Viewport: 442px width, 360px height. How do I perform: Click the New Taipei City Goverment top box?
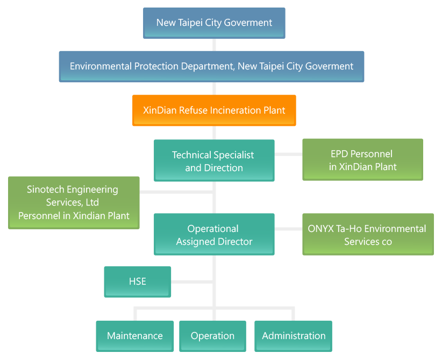[x=214, y=23]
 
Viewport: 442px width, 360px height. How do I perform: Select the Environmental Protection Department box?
[x=211, y=66]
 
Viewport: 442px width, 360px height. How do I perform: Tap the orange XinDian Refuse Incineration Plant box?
[x=214, y=110]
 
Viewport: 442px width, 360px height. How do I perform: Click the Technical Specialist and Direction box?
[x=214, y=161]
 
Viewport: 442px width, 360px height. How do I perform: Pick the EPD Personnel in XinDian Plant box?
[x=362, y=160]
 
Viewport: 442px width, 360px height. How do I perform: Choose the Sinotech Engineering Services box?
[x=74, y=203]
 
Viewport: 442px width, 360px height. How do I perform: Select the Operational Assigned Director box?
[x=214, y=235]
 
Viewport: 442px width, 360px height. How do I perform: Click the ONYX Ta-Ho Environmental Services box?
[x=368, y=235]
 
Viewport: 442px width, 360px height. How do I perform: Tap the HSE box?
[x=138, y=281]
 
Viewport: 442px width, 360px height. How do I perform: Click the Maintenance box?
[x=134, y=336]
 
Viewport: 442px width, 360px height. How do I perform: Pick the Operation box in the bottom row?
[x=212, y=336]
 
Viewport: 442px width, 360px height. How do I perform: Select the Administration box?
[x=294, y=336]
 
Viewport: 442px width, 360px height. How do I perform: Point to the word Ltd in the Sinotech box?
[x=91, y=203]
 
